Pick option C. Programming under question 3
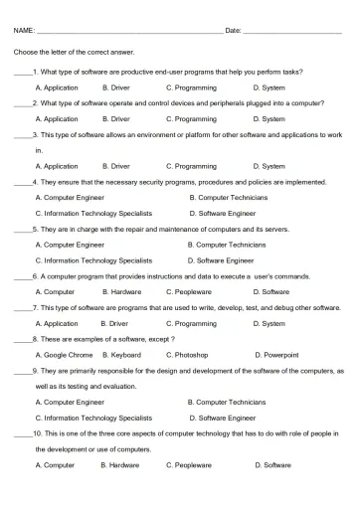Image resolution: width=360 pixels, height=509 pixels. pyautogui.click(x=191, y=166)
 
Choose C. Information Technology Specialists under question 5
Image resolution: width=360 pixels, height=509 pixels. pyautogui.click(x=92, y=259)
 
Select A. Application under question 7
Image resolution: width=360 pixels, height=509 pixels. pyautogui.click(x=56, y=323)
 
